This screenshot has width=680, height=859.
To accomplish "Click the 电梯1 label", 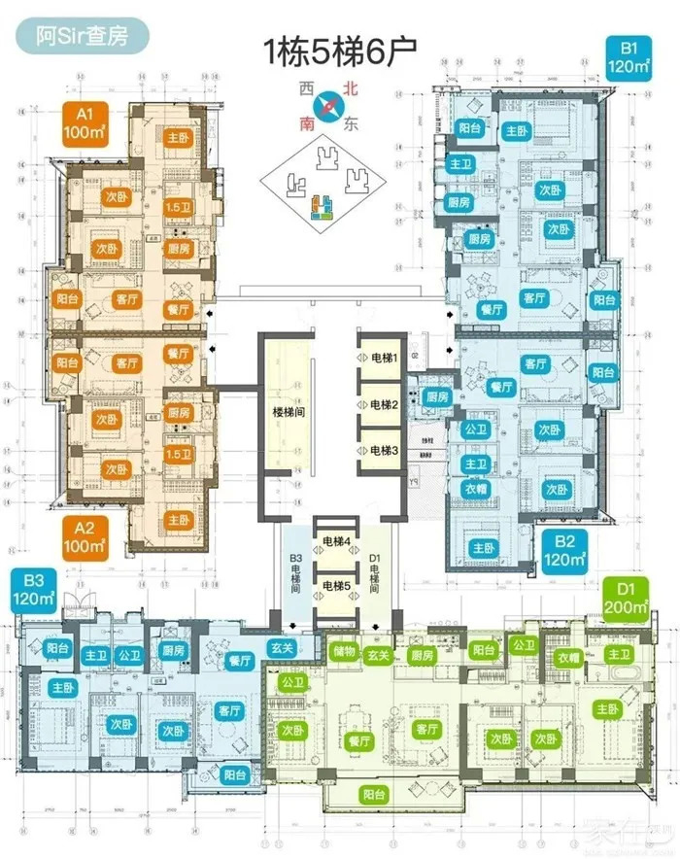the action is coord(382,360).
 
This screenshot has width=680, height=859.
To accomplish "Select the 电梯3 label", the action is coord(382,450).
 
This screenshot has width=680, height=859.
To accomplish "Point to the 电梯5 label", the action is coord(336,585).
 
